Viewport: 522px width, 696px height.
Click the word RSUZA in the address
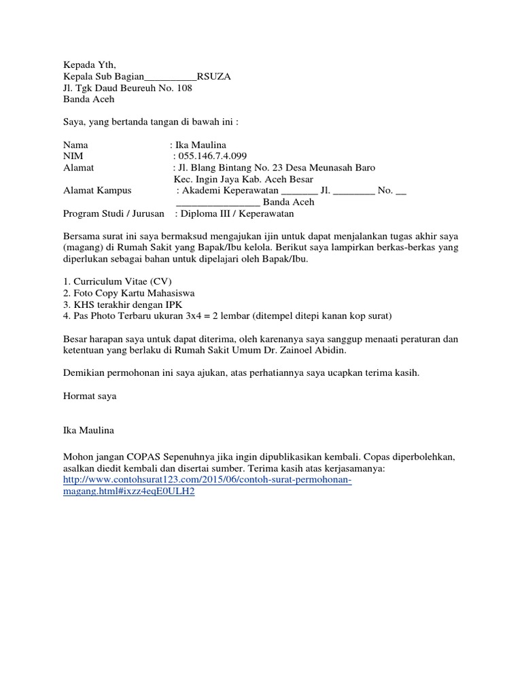(213, 77)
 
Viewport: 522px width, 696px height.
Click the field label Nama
(75, 145)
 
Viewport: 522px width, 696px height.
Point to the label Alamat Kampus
(97, 191)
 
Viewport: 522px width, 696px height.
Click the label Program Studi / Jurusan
(114, 213)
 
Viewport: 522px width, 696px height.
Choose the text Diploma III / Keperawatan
(237, 213)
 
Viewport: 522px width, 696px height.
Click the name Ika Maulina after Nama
(201, 145)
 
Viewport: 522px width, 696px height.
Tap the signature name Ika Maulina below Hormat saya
(89, 430)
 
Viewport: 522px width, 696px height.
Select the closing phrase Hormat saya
(90, 396)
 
